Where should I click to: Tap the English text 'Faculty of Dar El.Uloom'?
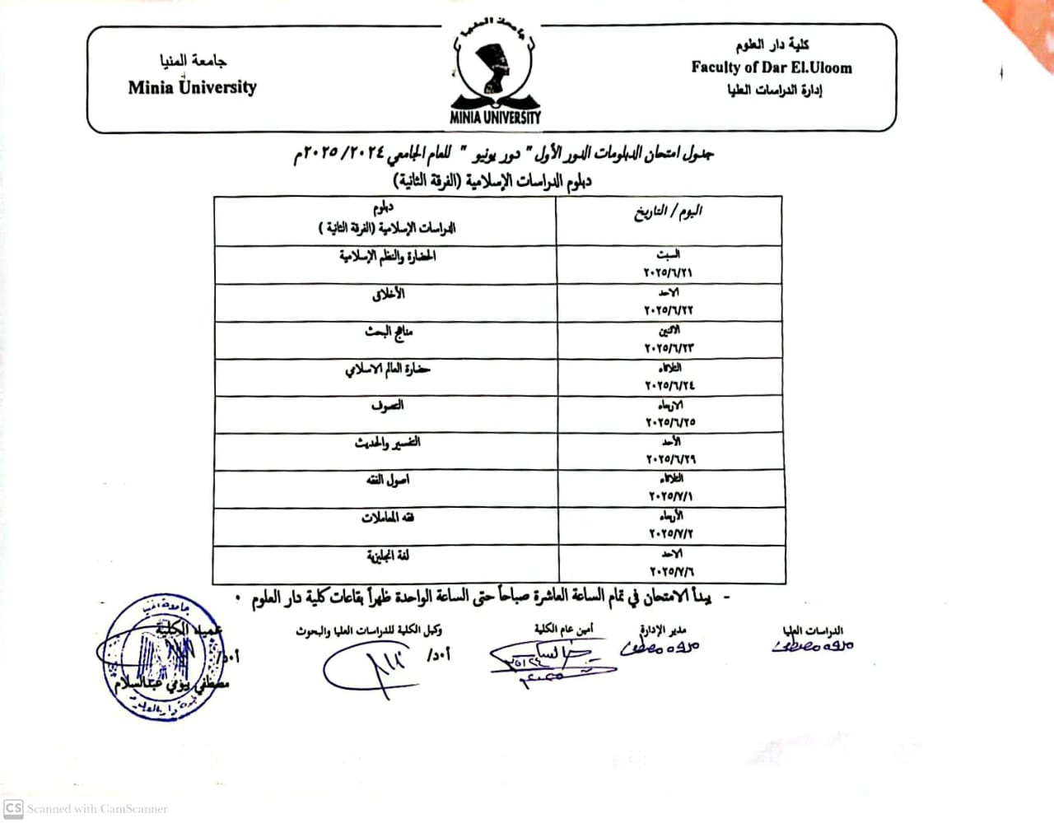click(x=772, y=67)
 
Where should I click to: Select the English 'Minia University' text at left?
click(x=192, y=87)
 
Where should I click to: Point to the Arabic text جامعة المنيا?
click(x=193, y=60)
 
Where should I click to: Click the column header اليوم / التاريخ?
click(x=668, y=212)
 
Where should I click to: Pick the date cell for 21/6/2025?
click(x=668, y=264)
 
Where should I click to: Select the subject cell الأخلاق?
click(x=388, y=294)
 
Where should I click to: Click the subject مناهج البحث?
click(x=389, y=332)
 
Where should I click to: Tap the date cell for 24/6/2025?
click(x=669, y=377)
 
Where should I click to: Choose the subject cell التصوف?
click(x=387, y=406)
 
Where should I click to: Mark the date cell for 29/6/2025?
click(x=670, y=451)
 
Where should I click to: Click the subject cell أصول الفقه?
click(x=387, y=480)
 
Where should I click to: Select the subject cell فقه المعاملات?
click(x=387, y=518)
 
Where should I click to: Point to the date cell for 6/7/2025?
click(x=672, y=563)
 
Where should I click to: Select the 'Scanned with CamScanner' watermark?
click(x=86, y=808)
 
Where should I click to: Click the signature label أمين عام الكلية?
click(x=563, y=630)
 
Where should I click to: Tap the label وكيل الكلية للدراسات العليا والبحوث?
click(x=368, y=630)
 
